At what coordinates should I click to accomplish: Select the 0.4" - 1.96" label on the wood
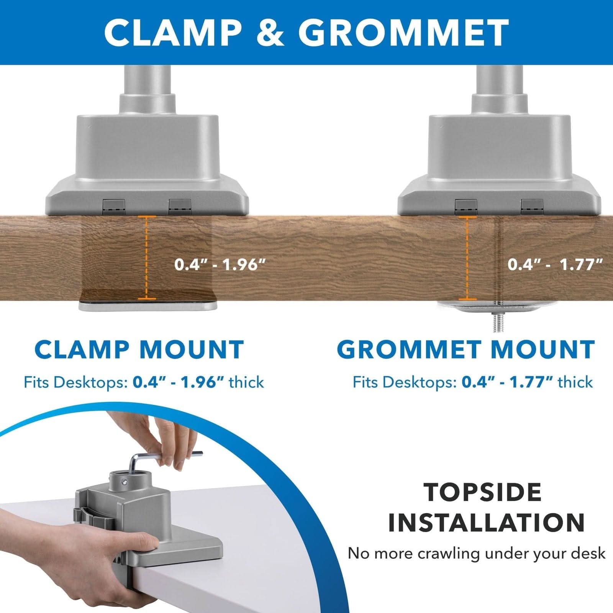point(220,264)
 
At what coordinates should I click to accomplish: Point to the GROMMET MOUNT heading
point(465,349)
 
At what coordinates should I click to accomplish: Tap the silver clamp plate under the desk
point(148,306)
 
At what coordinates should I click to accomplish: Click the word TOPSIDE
point(482,493)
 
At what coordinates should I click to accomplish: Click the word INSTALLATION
point(486,523)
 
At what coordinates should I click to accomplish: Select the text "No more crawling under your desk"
point(476,553)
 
